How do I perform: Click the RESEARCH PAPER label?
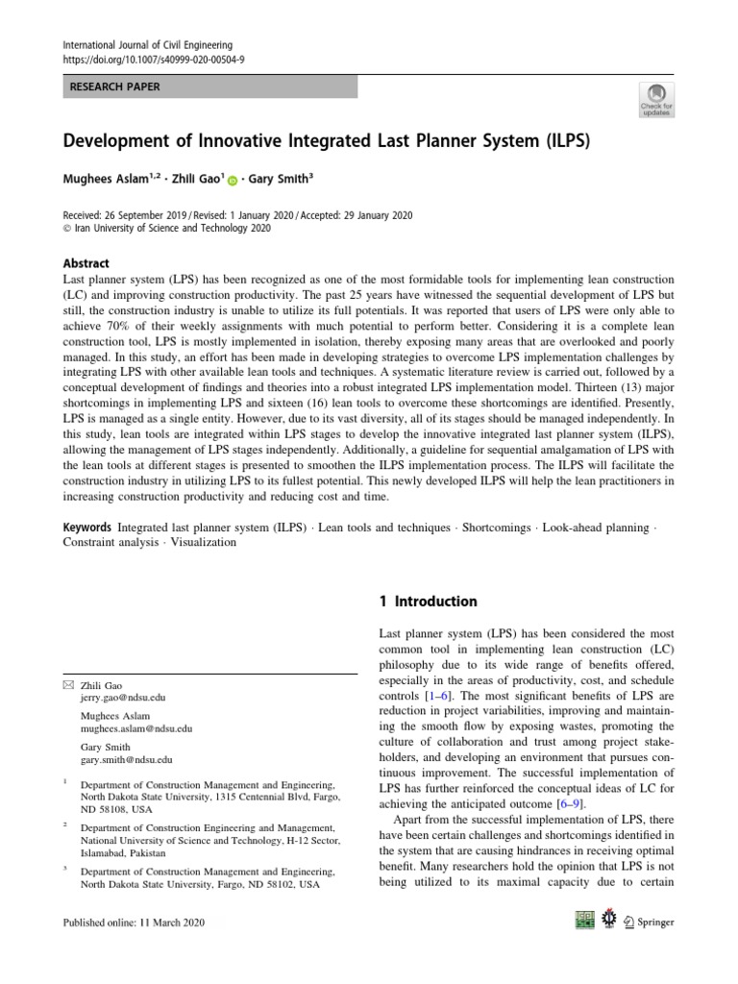coord(114,87)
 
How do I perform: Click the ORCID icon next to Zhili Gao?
coord(233,179)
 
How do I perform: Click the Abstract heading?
coord(86,263)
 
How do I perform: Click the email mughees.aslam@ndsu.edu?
coord(136,730)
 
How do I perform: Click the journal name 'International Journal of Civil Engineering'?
coord(146,43)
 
